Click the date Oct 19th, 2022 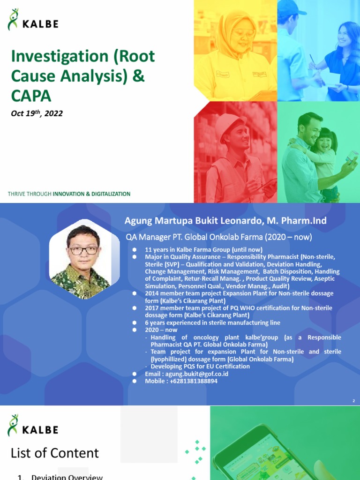(37, 113)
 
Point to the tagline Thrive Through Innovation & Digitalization (69, 194)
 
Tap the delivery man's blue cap (292, 7)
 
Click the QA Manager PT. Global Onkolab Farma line (218, 237)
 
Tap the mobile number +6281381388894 (181, 381)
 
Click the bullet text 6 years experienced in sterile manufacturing (212, 322)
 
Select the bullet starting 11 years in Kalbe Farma (203, 249)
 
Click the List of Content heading (55, 453)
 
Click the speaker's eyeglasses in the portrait (83, 250)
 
